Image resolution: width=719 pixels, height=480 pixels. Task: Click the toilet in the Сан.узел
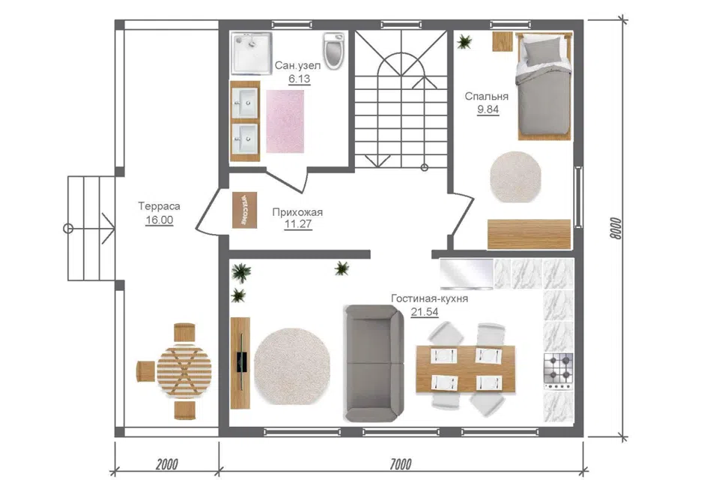[x=333, y=49]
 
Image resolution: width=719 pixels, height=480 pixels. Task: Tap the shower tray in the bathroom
[x=252, y=52]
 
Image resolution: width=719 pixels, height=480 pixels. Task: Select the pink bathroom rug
[x=285, y=121]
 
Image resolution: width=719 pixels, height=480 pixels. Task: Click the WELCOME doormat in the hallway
[x=244, y=210]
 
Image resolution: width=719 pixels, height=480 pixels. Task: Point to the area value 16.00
[x=159, y=220]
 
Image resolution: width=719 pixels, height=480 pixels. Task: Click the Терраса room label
[x=159, y=206]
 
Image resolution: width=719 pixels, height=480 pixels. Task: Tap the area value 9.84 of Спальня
[x=488, y=109]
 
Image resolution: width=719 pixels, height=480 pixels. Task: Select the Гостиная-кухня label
[x=429, y=298]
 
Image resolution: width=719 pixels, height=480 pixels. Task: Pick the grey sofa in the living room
[x=374, y=363]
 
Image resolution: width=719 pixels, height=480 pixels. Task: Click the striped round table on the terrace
[x=184, y=372]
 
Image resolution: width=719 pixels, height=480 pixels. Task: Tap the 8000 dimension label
[x=616, y=228]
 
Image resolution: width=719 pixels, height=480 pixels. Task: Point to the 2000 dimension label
[x=167, y=464]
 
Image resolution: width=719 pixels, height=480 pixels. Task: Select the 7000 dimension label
[x=401, y=464]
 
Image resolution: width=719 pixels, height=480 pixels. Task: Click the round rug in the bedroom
[x=515, y=177]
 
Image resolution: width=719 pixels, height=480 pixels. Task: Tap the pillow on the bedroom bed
[x=542, y=50]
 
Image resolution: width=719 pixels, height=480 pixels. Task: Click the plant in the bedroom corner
[x=464, y=42]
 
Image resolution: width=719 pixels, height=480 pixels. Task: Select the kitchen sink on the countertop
[x=467, y=274]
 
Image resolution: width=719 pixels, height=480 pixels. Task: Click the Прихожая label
[x=297, y=212]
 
